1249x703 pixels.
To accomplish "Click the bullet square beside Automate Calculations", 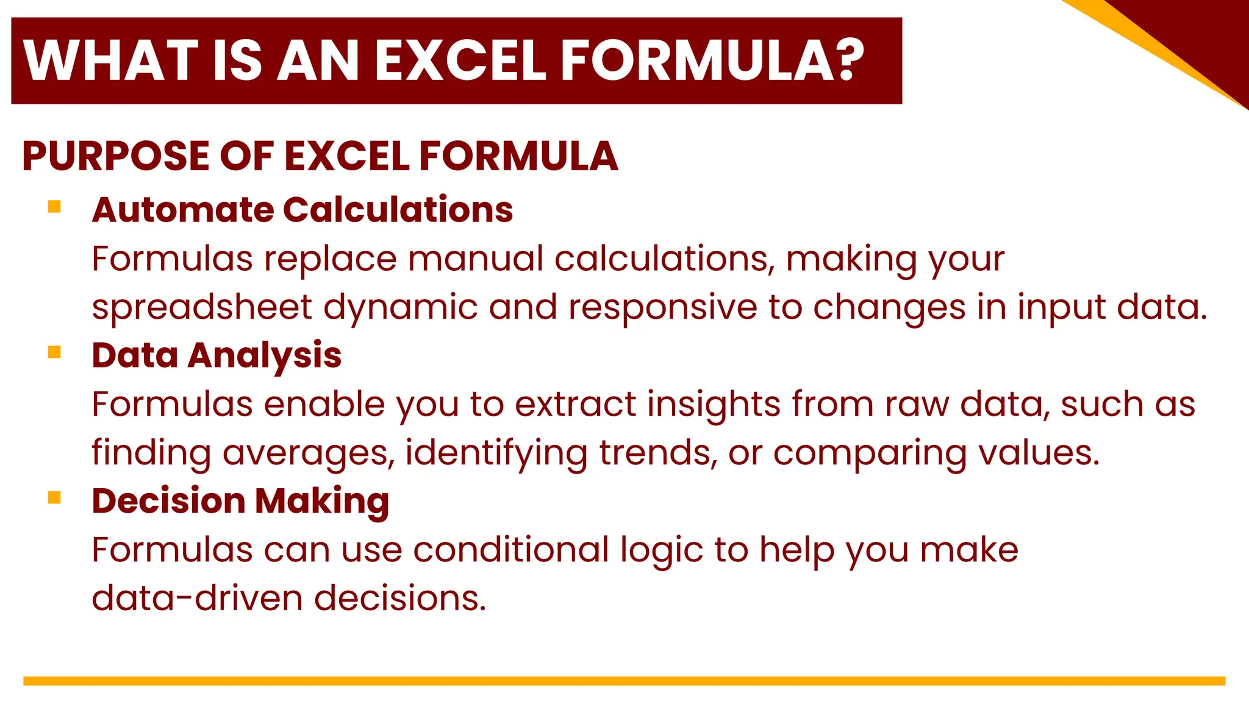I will click(54, 207).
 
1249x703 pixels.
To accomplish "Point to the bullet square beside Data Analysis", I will click(54, 352).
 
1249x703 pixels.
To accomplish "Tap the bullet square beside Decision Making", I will click(54, 498).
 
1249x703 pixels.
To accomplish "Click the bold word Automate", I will click(182, 209).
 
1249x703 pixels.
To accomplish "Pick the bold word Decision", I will click(168, 501).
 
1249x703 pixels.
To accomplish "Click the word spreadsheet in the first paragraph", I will click(202, 307).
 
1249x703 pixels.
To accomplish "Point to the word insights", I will click(714, 405).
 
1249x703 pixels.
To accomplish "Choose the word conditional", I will click(511, 550).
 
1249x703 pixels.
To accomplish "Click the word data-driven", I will click(197, 598).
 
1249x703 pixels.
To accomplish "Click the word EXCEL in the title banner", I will click(460, 60).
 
